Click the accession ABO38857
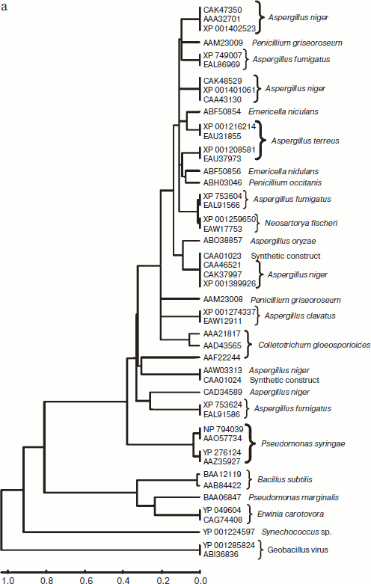tap(222, 242)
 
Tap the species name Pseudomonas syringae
tap(292, 444)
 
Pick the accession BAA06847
tap(222, 497)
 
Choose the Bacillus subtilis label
tap(288, 479)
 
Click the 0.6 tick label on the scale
tap(85, 580)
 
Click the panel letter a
tap(5, 5)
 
